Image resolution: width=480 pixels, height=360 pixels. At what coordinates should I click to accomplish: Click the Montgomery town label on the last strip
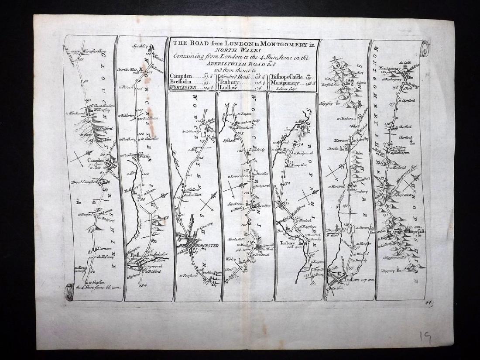(x=392, y=68)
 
